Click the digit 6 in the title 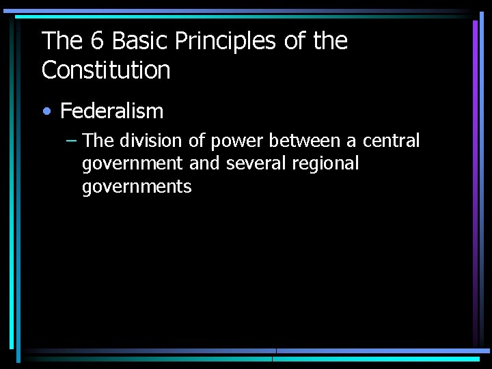click(x=97, y=42)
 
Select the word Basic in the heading click(x=140, y=42)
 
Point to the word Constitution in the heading click(x=106, y=70)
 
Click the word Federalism click(x=112, y=111)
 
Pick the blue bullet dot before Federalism click(x=46, y=111)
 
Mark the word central click(x=391, y=141)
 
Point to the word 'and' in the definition click(x=204, y=163)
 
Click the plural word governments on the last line click(x=137, y=187)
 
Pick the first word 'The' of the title click(x=61, y=42)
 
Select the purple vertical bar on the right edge click(x=475, y=102)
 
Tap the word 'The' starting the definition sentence click(x=98, y=141)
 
